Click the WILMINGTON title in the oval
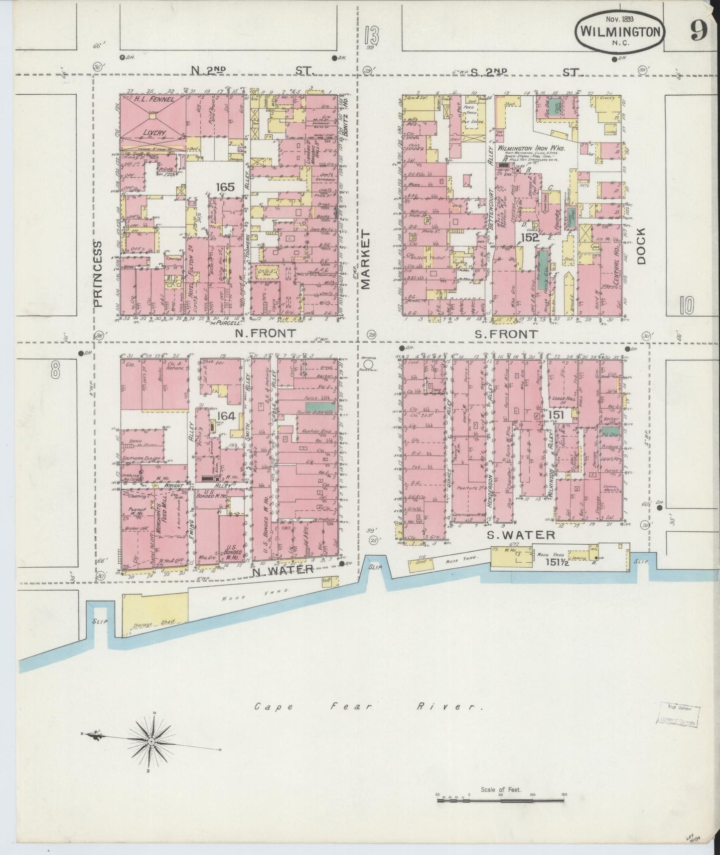(x=620, y=32)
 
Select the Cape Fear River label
(x=369, y=707)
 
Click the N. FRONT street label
(x=272, y=333)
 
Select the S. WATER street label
(x=521, y=535)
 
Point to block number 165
(x=225, y=187)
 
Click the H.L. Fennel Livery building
(x=153, y=118)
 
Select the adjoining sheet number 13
(x=371, y=36)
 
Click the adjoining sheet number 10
(x=686, y=305)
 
